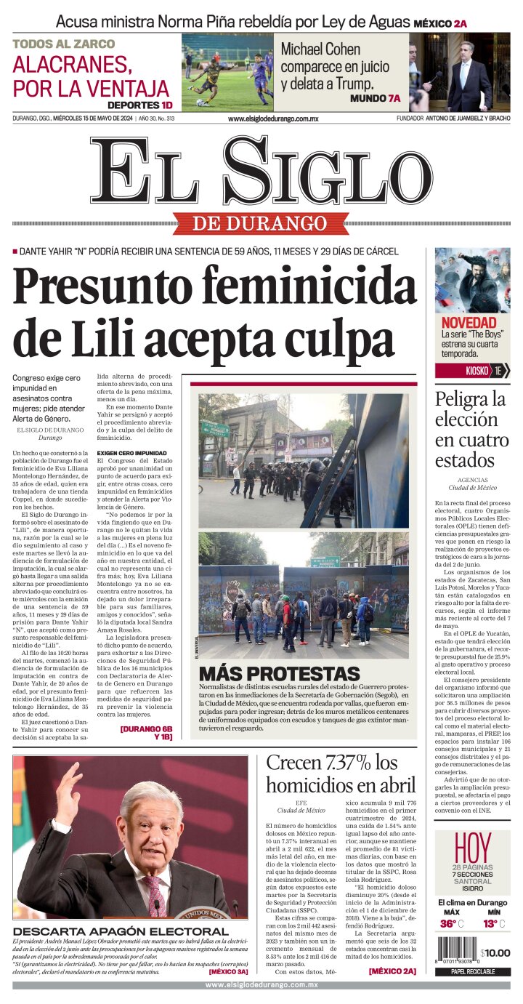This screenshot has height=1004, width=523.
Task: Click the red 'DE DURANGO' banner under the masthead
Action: click(260, 223)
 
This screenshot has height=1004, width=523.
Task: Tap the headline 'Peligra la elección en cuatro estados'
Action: click(471, 430)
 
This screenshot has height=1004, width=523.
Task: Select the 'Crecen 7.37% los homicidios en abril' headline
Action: click(341, 774)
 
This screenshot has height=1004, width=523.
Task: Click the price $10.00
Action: click(495, 953)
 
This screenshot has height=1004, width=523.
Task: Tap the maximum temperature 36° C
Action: click(451, 923)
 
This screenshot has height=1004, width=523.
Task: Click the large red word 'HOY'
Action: click(472, 848)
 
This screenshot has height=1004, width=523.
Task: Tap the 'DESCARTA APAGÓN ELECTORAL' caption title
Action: click(120, 931)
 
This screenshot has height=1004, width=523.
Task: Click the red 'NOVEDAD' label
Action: click(469, 322)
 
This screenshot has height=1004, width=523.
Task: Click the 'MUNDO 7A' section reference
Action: click(375, 98)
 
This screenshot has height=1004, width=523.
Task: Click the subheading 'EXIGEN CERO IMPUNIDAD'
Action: click(131, 453)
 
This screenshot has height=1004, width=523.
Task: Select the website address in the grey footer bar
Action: click(261, 985)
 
